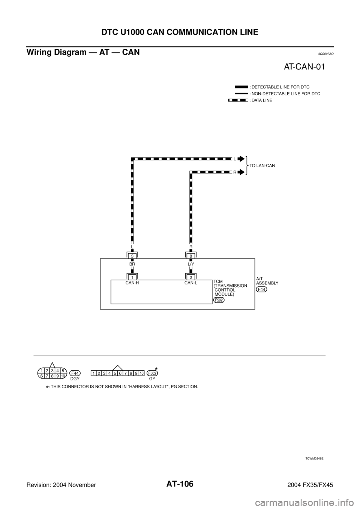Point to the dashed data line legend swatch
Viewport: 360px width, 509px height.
238,100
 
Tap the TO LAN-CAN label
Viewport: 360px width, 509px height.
262,165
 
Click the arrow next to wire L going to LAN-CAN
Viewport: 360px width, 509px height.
241,159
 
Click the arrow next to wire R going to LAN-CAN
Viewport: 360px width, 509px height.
241,172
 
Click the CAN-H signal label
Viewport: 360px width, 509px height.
132,283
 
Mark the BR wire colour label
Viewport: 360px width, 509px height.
132,264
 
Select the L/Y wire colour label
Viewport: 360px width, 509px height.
190,264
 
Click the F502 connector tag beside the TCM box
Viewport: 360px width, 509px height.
218,300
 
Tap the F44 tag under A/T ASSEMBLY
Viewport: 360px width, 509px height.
261,289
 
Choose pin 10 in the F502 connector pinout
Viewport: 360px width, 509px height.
142,373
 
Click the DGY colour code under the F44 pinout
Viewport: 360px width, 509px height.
75,379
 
